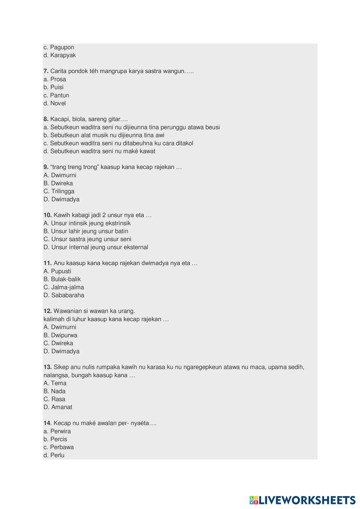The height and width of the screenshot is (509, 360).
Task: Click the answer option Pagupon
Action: [59, 47]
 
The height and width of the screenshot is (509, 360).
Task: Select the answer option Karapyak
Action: [60, 55]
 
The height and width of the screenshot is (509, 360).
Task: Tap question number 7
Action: [46, 71]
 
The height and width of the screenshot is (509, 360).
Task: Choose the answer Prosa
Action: [55, 79]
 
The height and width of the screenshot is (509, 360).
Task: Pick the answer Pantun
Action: [56, 95]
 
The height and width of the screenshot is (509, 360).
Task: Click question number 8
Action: [46, 119]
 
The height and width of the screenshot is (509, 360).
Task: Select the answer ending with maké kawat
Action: [99, 151]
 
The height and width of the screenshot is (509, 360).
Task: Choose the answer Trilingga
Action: [59, 191]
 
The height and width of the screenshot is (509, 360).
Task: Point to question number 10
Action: [48, 215]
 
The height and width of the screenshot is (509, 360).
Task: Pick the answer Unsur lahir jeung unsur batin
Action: [86, 231]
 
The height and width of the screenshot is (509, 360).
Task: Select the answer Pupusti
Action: [57, 271]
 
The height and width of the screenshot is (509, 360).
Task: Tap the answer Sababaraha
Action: [64, 295]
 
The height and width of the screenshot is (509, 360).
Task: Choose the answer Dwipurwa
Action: [60, 335]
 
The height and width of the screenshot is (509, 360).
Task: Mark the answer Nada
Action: [55, 391]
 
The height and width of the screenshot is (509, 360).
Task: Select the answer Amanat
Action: [58, 407]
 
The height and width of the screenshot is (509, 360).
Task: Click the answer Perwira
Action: [57, 431]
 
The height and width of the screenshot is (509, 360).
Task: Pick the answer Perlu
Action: [54, 455]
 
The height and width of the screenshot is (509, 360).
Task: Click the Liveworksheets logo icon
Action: [254, 500]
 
